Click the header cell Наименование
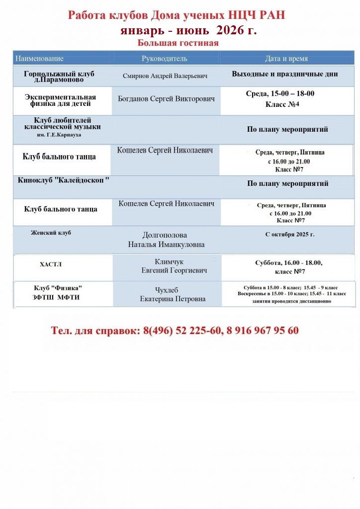pos(40,59)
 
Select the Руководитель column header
pos(165,59)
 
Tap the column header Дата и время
pos(286,59)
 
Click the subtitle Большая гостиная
pos(178,43)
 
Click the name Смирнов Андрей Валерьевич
pos(165,76)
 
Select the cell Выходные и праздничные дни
pos(285,74)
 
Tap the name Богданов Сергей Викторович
pos(167,99)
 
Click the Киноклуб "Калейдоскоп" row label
pos(64,180)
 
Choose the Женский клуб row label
pos(51,233)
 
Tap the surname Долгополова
pos(165,235)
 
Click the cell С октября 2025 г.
pos(290,234)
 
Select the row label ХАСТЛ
pos(51,264)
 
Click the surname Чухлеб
pos(167,290)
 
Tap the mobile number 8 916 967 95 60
pos(263,331)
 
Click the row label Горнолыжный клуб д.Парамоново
pos(59,76)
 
